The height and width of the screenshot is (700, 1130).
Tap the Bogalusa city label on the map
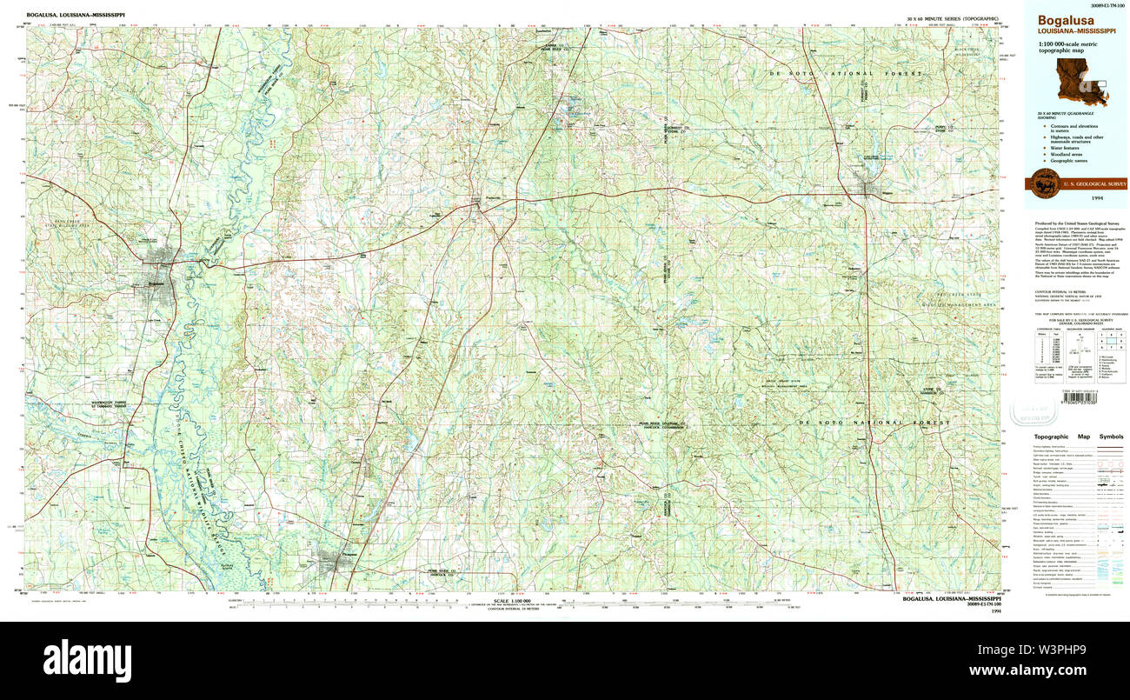point(156,283)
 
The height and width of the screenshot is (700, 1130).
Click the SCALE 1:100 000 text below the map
point(511,600)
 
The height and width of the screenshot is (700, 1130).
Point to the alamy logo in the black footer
point(87,660)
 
